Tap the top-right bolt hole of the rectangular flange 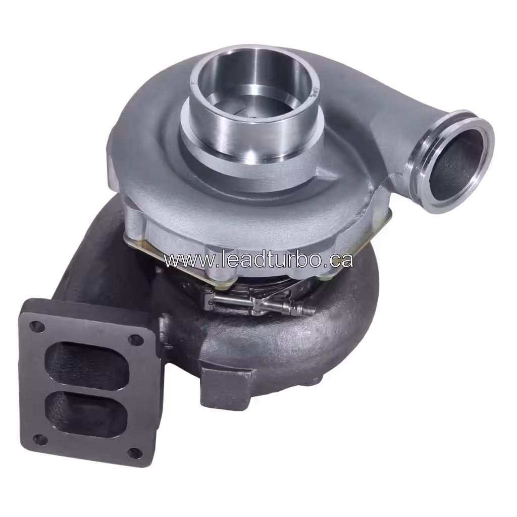click(x=135, y=340)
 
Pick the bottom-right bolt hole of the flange click(x=134, y=453)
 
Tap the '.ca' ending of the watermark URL click(x=339, y=260)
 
